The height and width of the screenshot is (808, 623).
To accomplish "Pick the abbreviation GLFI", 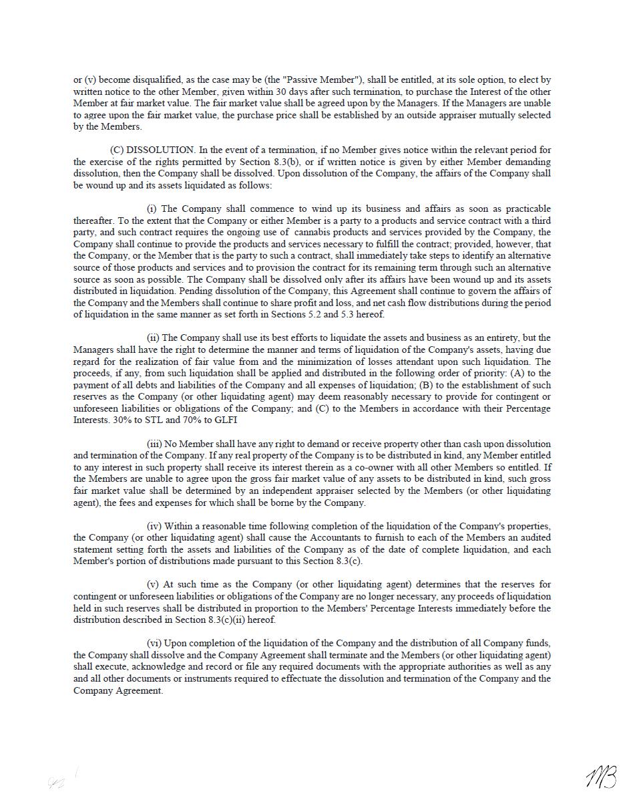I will coord(225,420).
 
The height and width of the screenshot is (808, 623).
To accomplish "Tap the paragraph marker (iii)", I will coord(154,444).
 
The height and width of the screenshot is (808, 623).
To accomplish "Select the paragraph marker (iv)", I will coord(154,526).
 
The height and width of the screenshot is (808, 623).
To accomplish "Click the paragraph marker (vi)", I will coord(154,643).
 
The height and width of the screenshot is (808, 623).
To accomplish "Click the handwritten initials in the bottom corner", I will coord(600,777).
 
